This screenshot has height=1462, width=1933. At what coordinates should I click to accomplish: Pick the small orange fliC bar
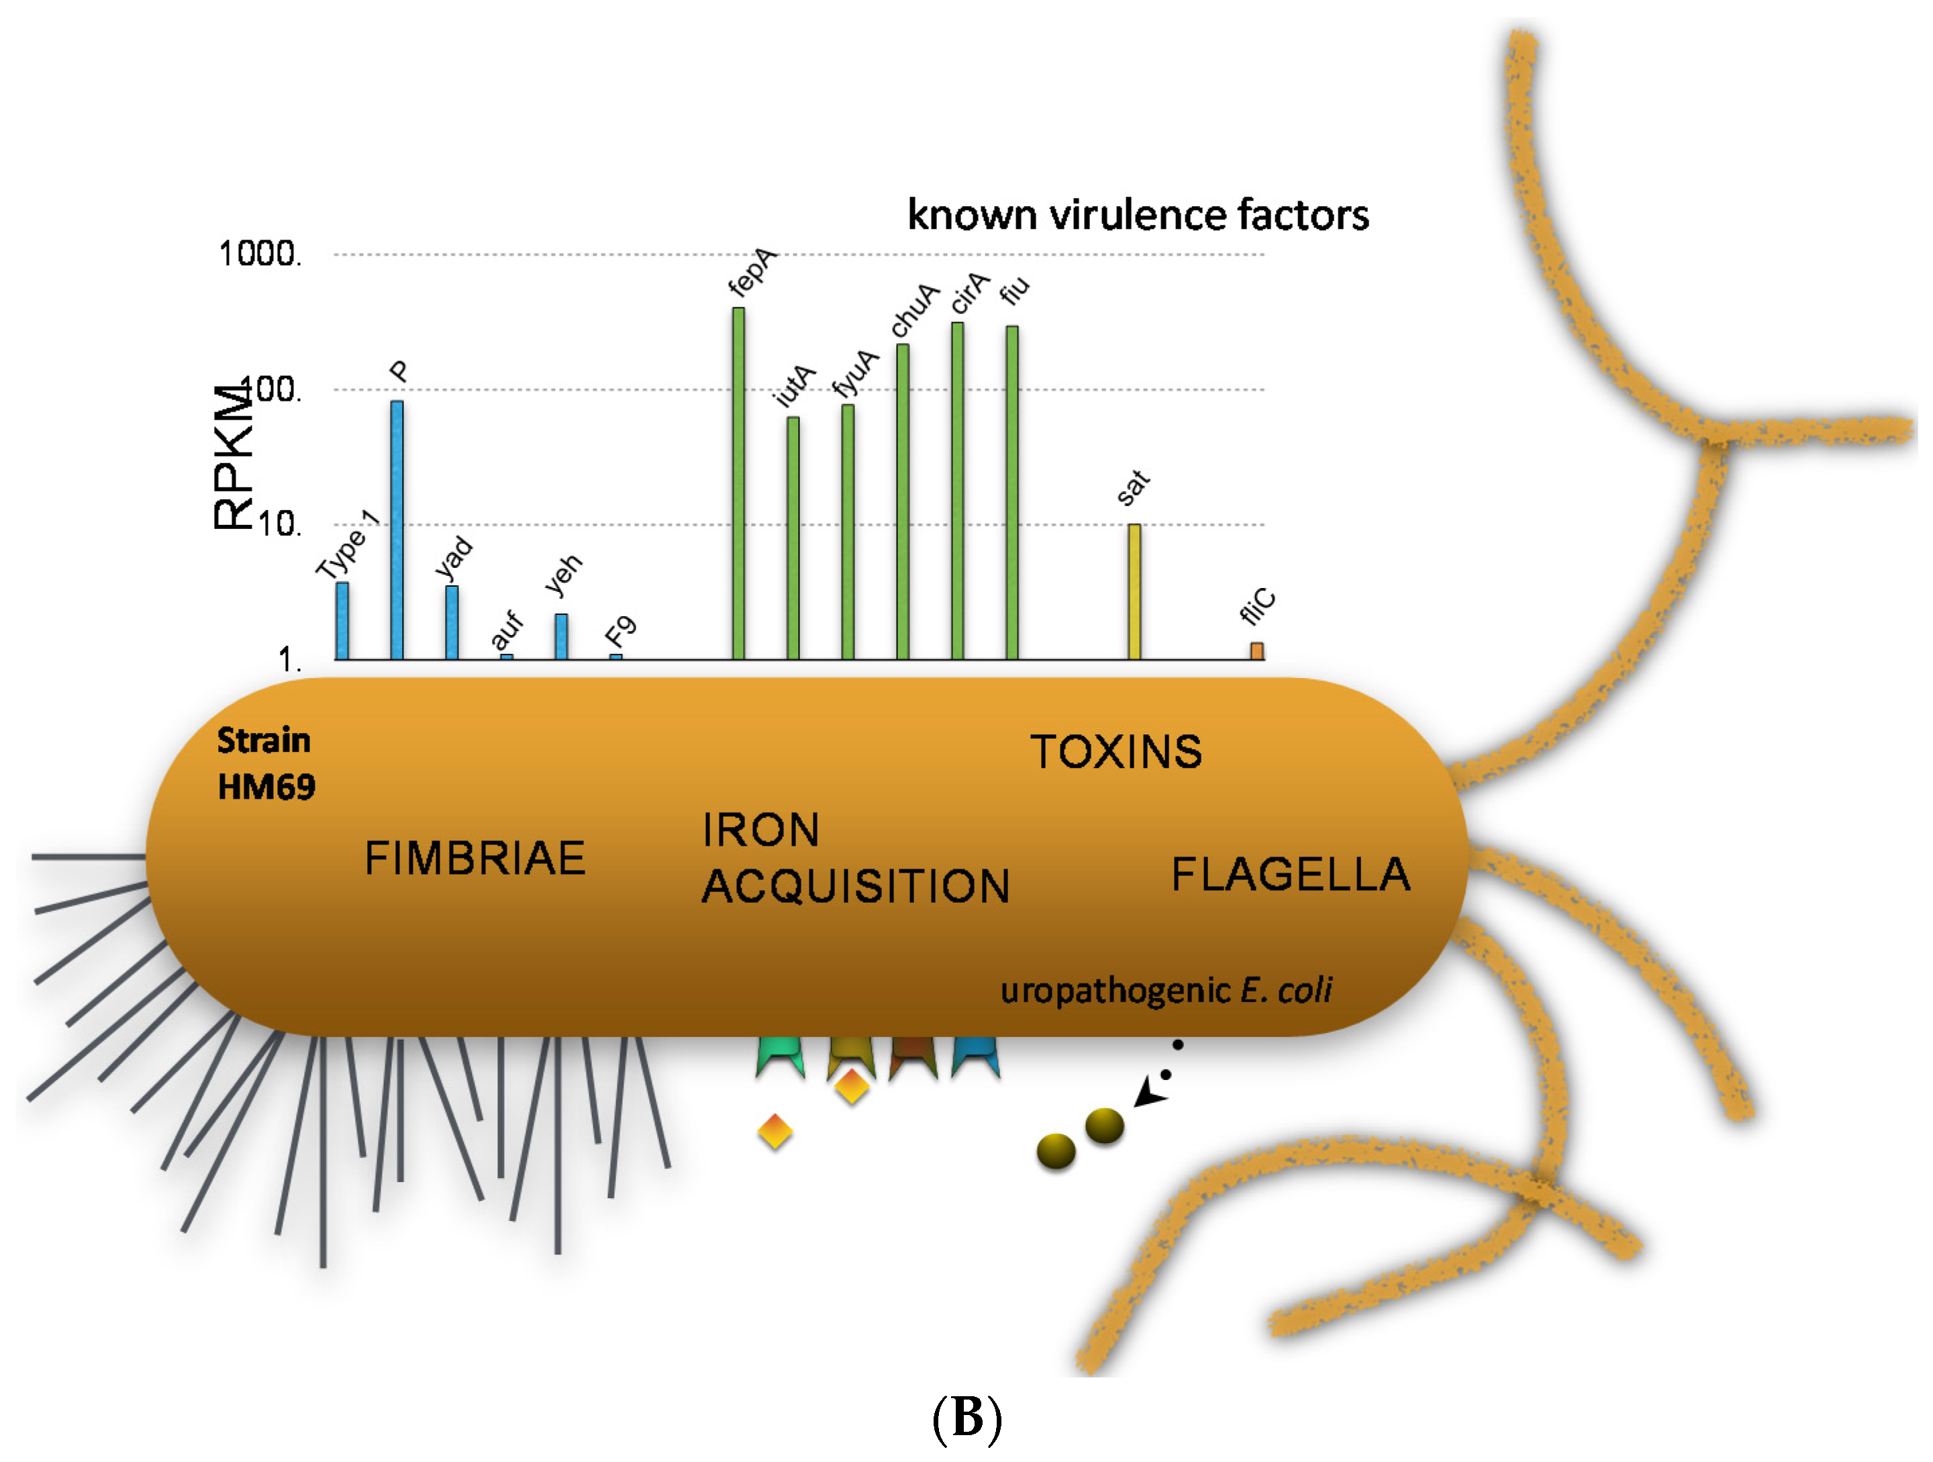1256,651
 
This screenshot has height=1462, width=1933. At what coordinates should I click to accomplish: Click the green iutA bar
793,538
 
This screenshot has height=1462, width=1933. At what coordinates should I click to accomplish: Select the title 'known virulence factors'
1138,215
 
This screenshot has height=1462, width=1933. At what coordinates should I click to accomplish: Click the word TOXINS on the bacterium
1116,752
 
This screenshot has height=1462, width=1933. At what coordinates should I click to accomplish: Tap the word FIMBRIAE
475,857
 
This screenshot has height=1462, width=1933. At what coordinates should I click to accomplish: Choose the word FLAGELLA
1291,875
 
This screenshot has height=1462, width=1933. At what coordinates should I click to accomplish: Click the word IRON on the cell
761,829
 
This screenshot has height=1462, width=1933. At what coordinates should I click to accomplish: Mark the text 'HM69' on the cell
266,787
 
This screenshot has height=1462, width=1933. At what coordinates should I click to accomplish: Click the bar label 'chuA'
914,309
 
